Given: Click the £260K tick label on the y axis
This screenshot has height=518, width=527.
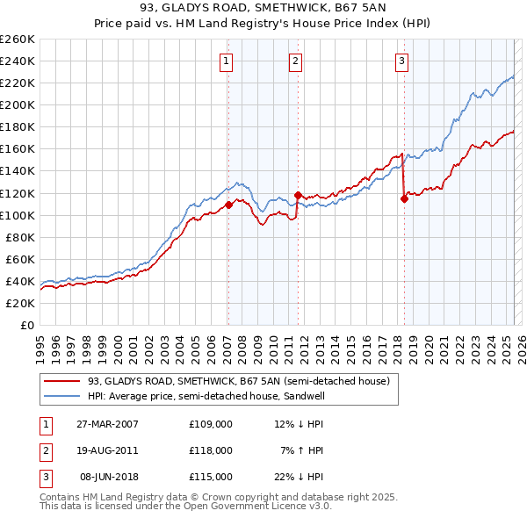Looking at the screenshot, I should [x=18, y=40].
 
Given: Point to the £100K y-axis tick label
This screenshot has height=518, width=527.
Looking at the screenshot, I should [x=18, y=215].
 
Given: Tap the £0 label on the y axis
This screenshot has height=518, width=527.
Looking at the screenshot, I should [x=27, y=325].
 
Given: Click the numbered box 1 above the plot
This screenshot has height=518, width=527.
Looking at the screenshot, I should [x=227, y=61].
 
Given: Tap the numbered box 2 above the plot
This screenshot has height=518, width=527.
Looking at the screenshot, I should [x=295, y=61].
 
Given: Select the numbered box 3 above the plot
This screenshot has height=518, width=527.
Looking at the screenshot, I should [x=401, y=61].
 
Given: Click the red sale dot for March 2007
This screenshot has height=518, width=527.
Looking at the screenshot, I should [x=228, y=205].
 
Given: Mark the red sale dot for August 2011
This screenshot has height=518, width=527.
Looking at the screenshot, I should [x=298, y=195].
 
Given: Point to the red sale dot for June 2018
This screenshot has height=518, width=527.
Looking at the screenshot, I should [x=404, y=198].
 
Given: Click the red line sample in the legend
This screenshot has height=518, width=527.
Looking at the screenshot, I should [x=62, y=381].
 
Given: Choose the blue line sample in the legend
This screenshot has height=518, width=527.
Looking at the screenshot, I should [x=62, y=396].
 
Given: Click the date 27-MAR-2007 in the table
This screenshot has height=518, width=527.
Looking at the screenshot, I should [x=107, y=424].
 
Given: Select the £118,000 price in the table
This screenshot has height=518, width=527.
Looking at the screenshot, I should [x=211, y=450].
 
